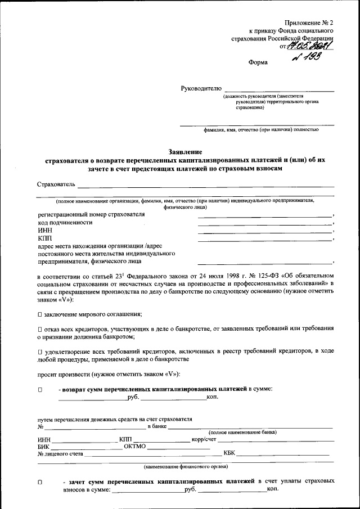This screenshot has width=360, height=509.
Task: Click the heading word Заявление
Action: coord(185,151)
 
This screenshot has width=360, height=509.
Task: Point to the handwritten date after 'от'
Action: coord(311,46)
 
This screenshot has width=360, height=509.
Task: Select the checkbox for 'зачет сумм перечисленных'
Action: coord(40,482)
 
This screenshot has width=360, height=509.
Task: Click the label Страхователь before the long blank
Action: coord(56,184)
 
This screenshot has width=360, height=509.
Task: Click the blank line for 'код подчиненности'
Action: coord(264,223)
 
